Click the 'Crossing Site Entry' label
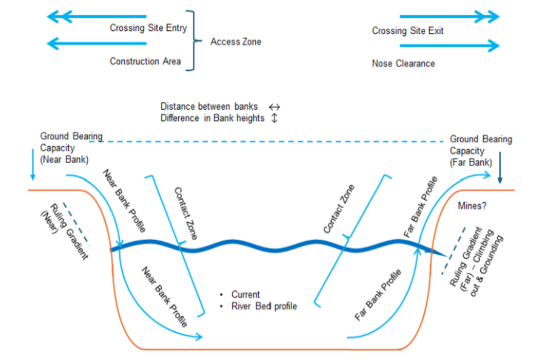[148, 28]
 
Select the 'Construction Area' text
[145, 61]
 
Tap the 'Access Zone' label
[236, 42]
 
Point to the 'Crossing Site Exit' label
[407, 31]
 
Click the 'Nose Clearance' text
[403, 64]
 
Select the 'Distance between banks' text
[209, 106]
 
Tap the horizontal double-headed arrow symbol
[274, 106]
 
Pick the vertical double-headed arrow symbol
[274, 118]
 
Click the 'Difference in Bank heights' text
[212, 118]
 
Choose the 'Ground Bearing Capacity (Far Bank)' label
[480, 151]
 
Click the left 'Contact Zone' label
[186, 213]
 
